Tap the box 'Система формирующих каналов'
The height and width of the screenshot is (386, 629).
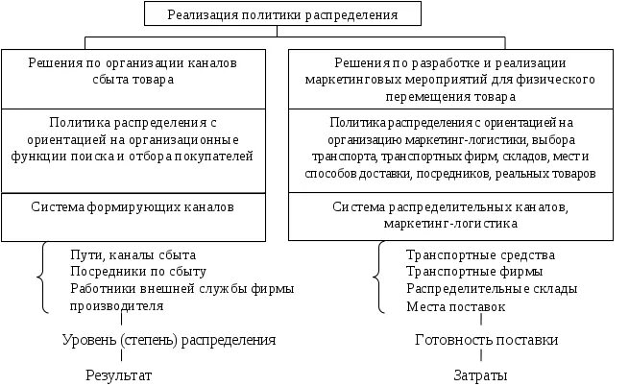pyautogui.click(x=133, y=206)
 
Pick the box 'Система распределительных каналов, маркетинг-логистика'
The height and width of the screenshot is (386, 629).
pyautogui.click(x=450, y=214)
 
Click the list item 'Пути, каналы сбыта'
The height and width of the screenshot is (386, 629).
pyautogui.click(x=133, y=254)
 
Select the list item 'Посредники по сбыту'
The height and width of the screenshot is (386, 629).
pyautogui.click(x=138, y=272)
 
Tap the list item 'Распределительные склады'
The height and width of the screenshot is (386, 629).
pyautogui.click(x=492, y=289)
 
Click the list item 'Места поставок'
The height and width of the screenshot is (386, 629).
pyautogui.click(x=455, y=306)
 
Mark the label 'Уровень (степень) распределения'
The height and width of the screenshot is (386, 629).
pyautogui.click(x=169, y=340)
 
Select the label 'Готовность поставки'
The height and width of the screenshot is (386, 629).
pyautogui.click(x=486, y=340)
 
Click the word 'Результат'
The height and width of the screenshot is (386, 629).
pyautogui.click(x=118, y=374)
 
